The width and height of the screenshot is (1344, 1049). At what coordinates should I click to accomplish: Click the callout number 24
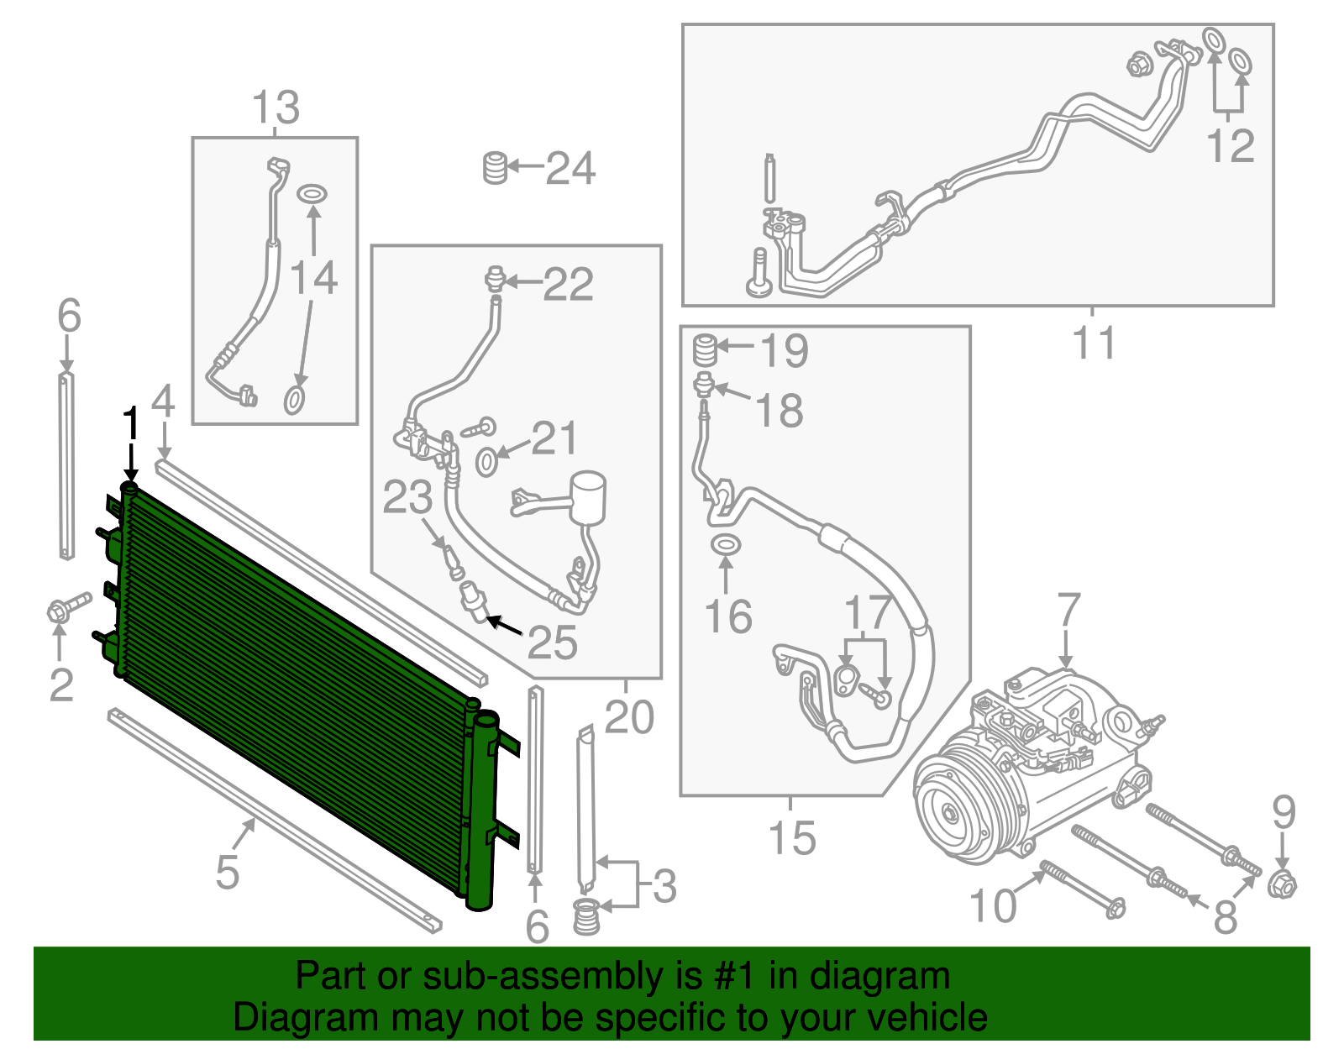pos(570,168)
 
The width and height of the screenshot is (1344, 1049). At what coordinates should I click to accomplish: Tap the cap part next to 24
pos(496,168)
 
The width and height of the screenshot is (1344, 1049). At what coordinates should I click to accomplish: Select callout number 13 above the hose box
pos(276,108)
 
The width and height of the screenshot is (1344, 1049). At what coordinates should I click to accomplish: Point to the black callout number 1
pos(131,424)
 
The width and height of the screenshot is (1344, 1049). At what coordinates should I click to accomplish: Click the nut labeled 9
pos(1282,885)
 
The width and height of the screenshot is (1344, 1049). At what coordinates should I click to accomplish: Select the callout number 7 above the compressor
pos(1068,610)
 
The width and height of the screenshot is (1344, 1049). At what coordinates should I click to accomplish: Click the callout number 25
pos(553,643)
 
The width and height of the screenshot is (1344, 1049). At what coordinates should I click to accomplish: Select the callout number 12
pos(1231,146)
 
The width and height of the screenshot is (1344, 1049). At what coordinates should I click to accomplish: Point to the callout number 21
pos(554,438)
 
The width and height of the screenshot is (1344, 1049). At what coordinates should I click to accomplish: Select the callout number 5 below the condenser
pos(227,871)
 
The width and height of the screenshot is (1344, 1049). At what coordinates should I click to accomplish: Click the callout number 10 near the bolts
pos(993,906)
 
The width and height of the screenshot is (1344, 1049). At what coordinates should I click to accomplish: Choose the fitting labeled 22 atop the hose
pos(496,277)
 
